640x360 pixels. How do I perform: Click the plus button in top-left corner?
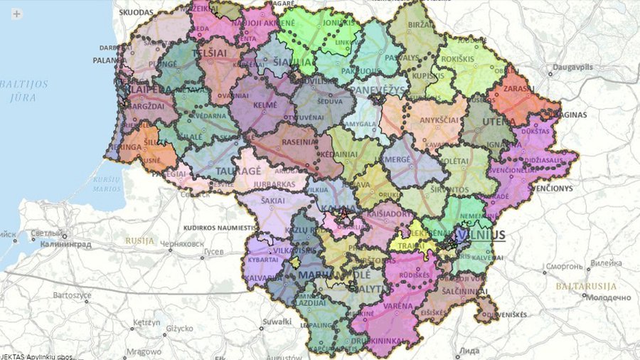coord(16,14)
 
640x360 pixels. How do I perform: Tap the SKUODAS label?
coord(136,13)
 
